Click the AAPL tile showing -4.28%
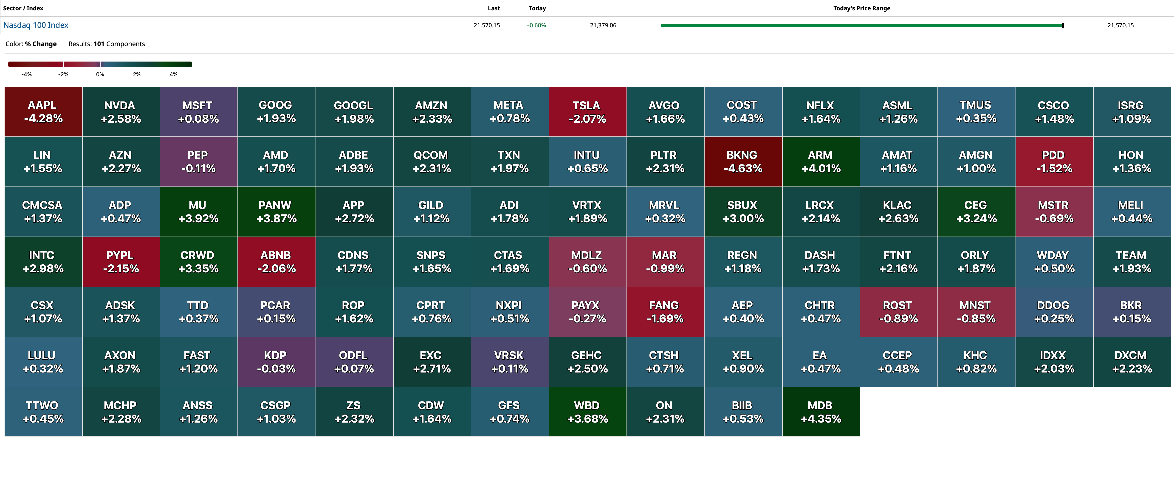43,112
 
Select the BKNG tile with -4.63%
743,162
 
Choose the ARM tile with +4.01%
821,162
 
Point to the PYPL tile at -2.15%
121,262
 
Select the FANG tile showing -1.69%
665,312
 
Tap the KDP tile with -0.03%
276,362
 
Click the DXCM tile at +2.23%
1132,362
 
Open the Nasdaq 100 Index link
36,25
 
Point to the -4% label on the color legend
26,74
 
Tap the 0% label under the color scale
100,74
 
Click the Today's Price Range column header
861,8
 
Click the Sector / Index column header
23,8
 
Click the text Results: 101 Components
107,44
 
